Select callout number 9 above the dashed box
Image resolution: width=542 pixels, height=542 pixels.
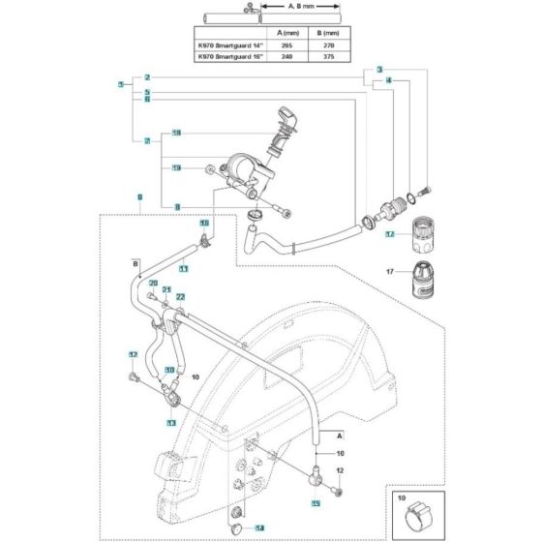[139, 196]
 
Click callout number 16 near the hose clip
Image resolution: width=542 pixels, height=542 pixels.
[204, 223]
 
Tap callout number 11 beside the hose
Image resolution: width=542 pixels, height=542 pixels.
[183, 267]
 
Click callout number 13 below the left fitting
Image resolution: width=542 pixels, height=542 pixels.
[170, 424]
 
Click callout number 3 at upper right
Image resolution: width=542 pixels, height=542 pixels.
[379, 71]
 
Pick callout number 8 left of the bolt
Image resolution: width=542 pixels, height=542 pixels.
[177, 206]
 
